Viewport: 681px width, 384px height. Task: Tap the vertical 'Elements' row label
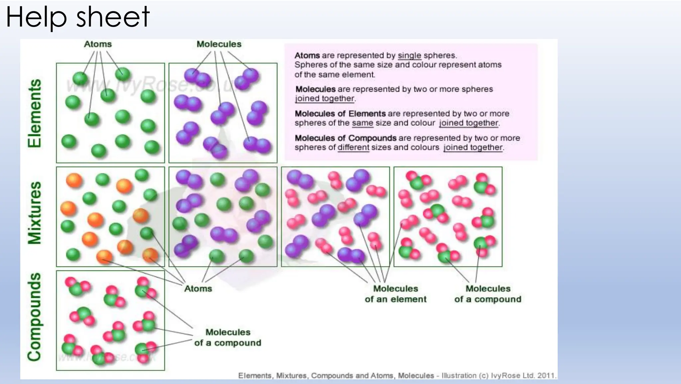click(35, 113)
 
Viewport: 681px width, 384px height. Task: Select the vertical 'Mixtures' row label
click(35, 213)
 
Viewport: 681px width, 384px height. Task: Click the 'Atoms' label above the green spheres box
click(98, 44)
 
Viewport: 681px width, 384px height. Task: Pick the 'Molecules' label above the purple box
click(219, 44)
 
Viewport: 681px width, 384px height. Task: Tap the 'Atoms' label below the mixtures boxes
click(198, 289)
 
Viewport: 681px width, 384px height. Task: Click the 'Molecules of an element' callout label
click(395, 294)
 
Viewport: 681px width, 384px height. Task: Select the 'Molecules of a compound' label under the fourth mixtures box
click(488, 294)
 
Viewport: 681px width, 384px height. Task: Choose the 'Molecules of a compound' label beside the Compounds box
click(228, 337)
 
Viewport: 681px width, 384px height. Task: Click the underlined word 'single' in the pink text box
click(409, 56)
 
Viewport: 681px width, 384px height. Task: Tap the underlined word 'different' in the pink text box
click(353, 147)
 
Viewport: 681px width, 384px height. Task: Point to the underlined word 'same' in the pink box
click(362, 123)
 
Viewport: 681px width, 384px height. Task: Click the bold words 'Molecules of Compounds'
click(345, 138)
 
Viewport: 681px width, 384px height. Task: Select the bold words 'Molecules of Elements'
click(340, 114)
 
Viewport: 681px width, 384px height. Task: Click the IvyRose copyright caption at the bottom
click(397, 376)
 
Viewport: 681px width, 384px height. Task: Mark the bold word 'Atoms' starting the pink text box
click(307, 56)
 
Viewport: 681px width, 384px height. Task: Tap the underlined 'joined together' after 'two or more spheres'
click(325, 98)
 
